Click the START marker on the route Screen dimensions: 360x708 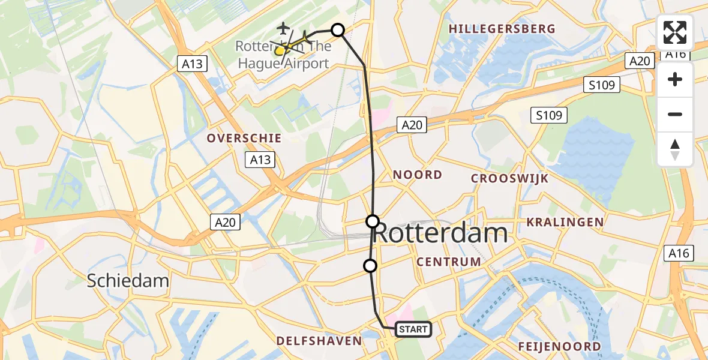click(413, 329)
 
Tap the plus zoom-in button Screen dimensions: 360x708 click(675, 79)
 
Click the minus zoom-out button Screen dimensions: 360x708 click(675, 114)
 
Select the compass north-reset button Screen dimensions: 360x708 click(675, 149)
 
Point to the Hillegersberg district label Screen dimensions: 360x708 click(502, 29)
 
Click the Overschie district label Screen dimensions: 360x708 click(244, 138)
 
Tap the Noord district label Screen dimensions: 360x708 click(418, 175)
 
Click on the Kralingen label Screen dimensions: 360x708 click(565, 223)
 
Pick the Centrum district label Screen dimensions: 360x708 click(449, 262)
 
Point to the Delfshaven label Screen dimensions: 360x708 click(319, 341)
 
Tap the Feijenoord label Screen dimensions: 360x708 click(559, 347)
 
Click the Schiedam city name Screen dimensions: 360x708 click(128, 280)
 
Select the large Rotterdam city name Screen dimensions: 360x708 click(440, 233)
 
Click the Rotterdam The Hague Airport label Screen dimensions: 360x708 click(283, 55)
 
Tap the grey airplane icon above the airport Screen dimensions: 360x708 click(283, 28)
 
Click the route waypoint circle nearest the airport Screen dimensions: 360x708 click(338, 30)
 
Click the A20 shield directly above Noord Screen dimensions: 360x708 click(412, 125)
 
